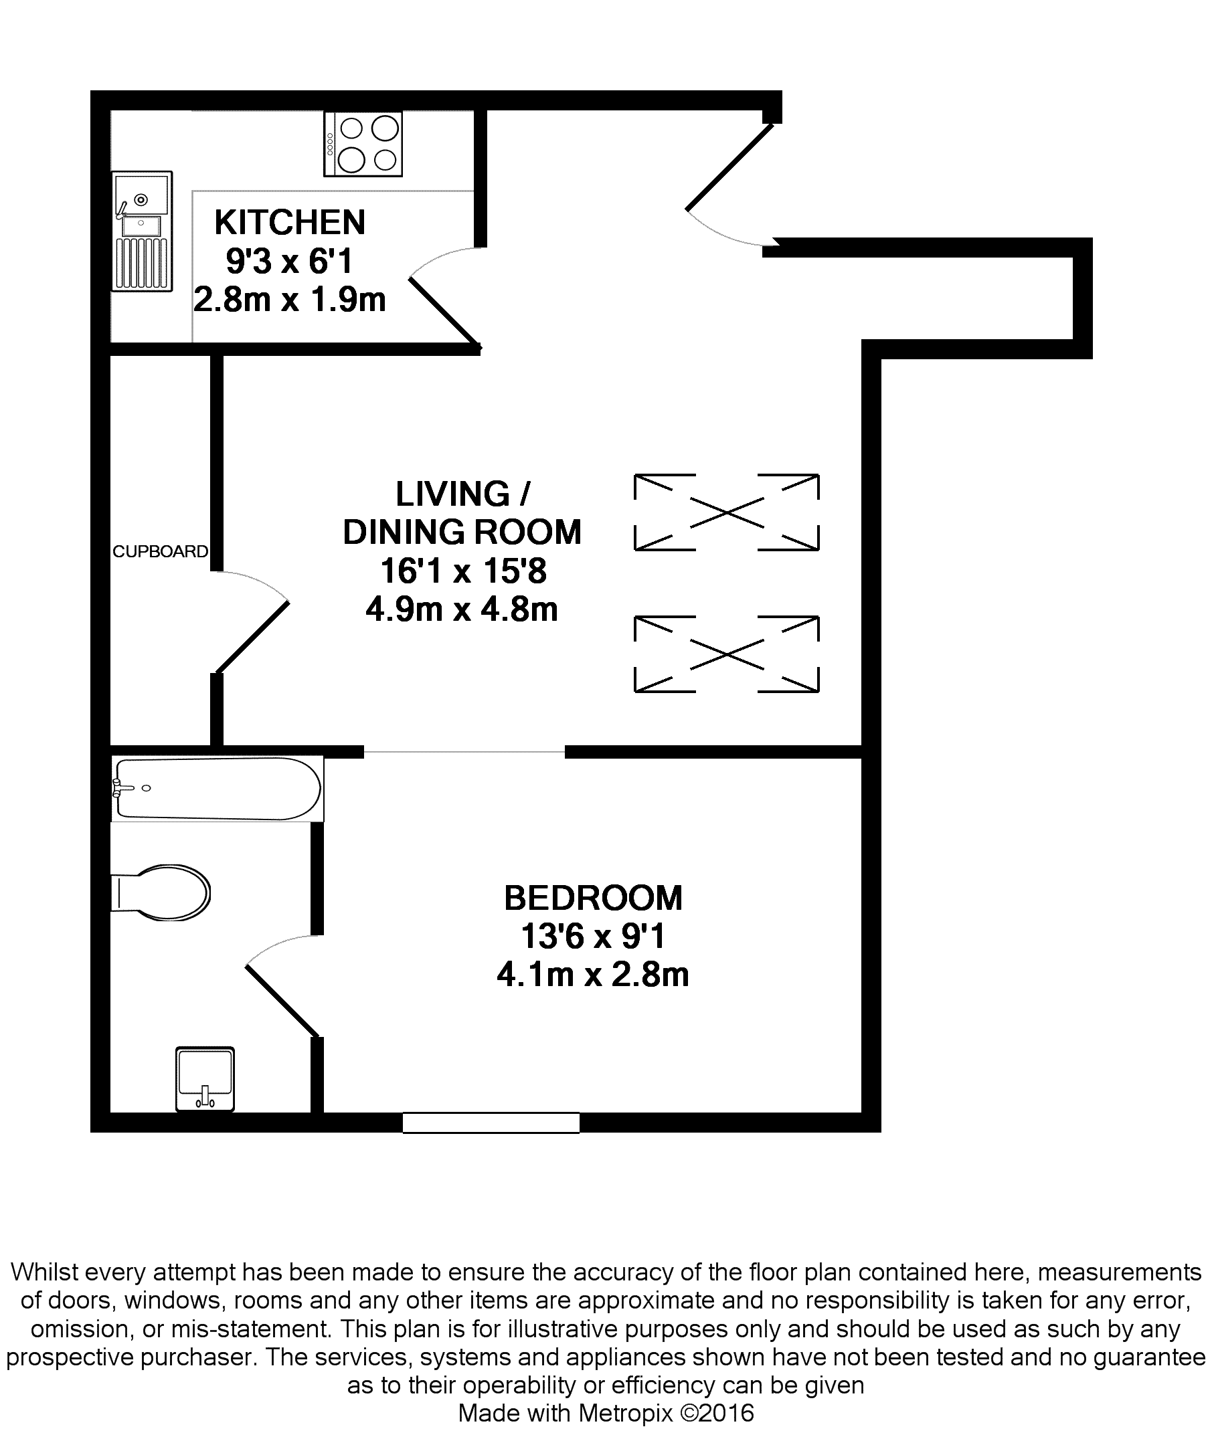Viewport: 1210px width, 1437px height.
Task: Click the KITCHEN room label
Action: [290, 222]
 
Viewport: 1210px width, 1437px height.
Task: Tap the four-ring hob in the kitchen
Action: [363, 145]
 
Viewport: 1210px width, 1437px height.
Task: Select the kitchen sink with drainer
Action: [142, 231]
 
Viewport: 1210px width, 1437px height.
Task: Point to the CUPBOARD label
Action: [160, 551]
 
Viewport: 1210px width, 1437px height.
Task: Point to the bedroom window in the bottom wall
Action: [491, 1123]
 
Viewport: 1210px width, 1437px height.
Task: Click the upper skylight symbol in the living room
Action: [726, 512]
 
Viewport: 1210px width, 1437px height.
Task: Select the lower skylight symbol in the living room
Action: [726, 654]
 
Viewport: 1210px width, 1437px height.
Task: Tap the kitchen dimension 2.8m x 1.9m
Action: [290, 300]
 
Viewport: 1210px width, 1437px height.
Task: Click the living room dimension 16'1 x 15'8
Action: [463, 571]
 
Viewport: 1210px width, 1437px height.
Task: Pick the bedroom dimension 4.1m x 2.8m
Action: [593, 974]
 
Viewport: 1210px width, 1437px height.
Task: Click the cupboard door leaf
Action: [252, 637]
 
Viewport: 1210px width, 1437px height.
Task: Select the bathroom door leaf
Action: [282, 1000]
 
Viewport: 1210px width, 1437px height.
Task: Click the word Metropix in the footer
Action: [626, 1413]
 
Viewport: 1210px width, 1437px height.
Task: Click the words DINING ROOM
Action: [462, 532]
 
